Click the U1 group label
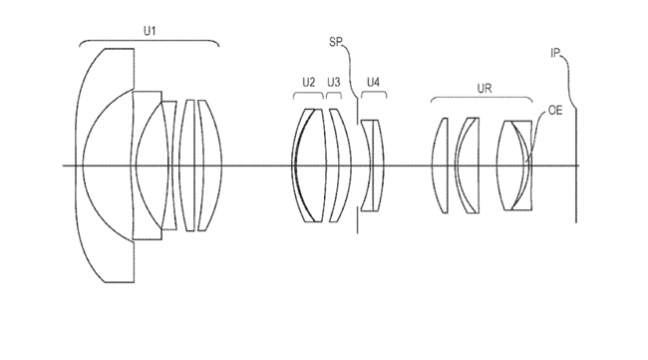[150, 31]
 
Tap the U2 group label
[309, 83]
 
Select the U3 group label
[334, 83]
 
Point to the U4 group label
[373, 83]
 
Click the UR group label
[485, 89]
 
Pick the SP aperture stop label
[336, 42]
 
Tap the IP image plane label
[555, 53]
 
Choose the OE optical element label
[555, 111]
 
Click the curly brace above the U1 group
[149, 41]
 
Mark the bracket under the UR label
[482, 98]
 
